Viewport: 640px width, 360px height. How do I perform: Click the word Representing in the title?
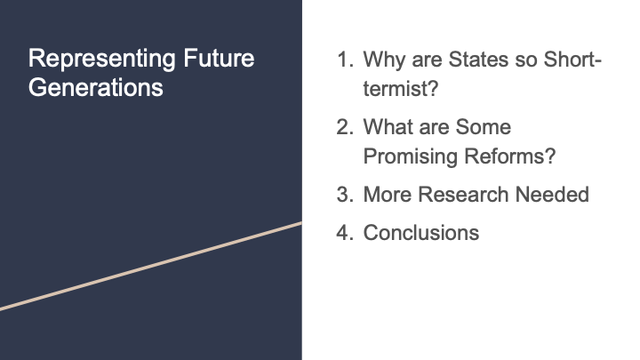[x=102, y=60]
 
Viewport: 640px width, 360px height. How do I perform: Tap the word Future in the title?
[x=219, y=58]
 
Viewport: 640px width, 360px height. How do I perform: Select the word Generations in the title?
[x=96, y=87]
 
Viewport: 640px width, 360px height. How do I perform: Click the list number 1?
[x=345, y=60]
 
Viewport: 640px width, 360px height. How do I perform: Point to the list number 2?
[x=345, y=127]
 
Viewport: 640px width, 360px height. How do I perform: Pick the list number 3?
[x=345, y=195]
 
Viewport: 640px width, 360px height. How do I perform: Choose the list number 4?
[x=345, y=233]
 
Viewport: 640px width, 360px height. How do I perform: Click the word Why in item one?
[x=385, y=60]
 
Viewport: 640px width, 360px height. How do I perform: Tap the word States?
[x=478, y=60]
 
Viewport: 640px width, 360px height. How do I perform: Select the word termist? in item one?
[x=401, y=88]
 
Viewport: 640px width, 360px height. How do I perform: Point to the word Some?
[x=484, y=127]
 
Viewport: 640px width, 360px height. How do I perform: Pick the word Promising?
[x=410, y=156]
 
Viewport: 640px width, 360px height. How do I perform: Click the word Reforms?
[x=510, y=156]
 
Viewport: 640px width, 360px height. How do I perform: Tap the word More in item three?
[x=388, y=195]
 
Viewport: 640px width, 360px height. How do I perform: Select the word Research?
[x=463, y=195]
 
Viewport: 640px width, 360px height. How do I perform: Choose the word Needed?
[x=552, y=195]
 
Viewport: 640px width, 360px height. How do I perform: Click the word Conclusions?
[x=421, y=233]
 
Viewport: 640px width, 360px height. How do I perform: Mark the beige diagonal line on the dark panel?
[x=151, y=267]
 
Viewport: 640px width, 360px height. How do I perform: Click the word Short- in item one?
[x=572, y=60]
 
